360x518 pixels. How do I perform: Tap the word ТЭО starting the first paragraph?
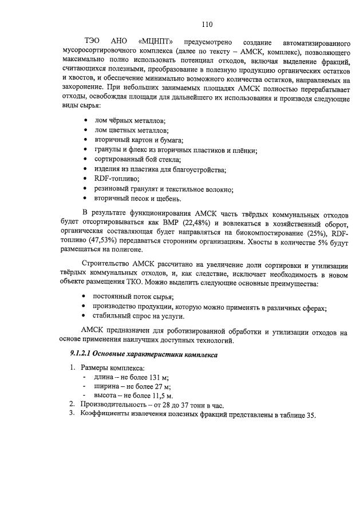click(92, 42)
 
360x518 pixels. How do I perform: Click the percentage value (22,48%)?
click(200, 222)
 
